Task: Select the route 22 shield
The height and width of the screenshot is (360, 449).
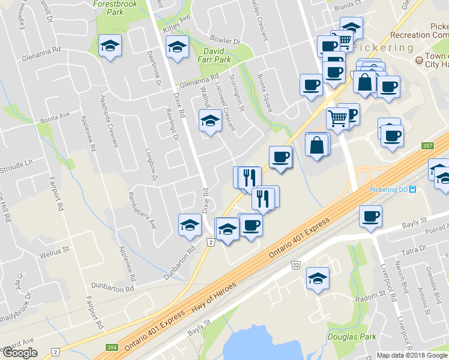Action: coord(295,265)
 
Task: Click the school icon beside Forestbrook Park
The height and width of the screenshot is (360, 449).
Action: coord(110,46)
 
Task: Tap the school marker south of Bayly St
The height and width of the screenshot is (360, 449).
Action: coord(318,278)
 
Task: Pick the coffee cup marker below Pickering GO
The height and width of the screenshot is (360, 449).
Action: coord(370,215)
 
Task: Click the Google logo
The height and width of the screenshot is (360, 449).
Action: coord(19,352)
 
